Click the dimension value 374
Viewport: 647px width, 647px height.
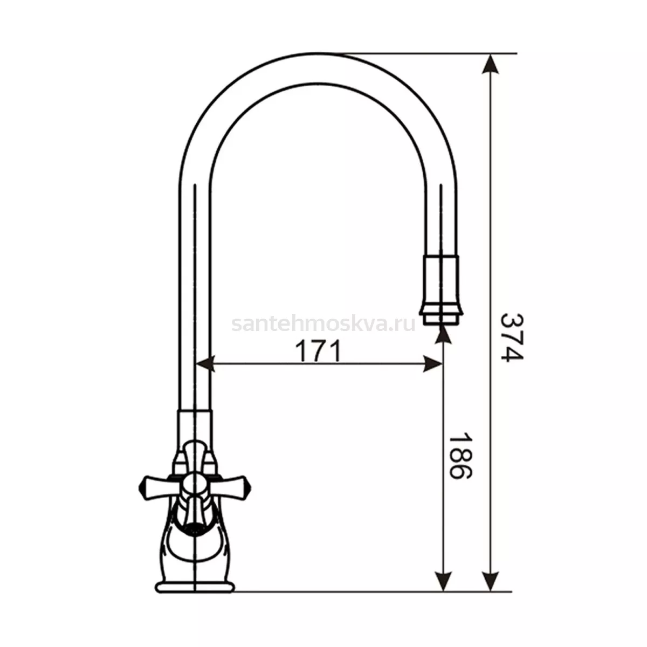[x=511, y=337]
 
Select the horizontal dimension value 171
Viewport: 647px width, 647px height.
[x=318, y=351]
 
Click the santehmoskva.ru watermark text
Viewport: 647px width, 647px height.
[x=323, y=324]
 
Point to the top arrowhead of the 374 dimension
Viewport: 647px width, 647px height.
[x=490, y=64]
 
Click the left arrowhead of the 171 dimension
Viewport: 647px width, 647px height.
[x=205, y=363]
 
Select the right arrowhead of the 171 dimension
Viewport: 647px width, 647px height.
[x=432, y=363]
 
